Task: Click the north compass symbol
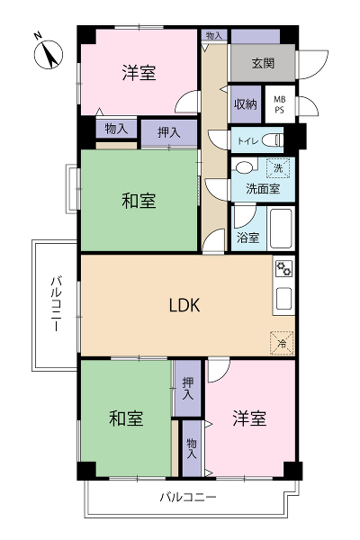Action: (x=49, y=54)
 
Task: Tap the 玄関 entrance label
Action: (x=263, y=63)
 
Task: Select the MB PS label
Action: (x=279, y=104)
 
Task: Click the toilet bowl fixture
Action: (x=273, y=140)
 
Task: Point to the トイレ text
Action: (x=247, y=141)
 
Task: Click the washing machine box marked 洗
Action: (x=278, y=168)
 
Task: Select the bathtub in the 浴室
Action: (x=281, y=228)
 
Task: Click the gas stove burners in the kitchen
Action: (x=284, y=268)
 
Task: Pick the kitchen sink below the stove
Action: (x=284, y=298)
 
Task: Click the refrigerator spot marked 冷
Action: (x=282, y=343)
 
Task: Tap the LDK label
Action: (x=184, y=305)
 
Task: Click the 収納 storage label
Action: (x=246, y=104)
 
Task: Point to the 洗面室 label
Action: (x=263, y=189)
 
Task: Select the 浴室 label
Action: (x=248, y=238)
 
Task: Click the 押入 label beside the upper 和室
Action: (x=169, y=132)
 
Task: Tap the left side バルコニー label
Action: (x=56, y=303)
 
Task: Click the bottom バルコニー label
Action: (x=188, y=497)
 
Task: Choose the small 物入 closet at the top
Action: (x=214, y=35)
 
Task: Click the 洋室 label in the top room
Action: (x=139, y=73)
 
